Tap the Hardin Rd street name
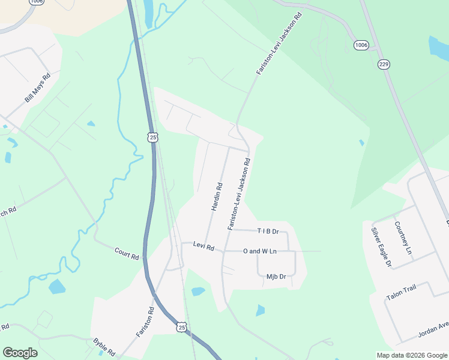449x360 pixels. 217,196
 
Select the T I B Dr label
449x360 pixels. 268,231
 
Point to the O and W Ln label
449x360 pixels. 259,251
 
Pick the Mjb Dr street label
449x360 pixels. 276,277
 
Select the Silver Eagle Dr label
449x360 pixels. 381,247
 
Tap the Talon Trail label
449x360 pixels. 401,289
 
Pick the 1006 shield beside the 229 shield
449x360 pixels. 361,46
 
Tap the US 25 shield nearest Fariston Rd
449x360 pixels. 182,327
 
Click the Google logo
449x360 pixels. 20,353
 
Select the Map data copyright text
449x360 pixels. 412,355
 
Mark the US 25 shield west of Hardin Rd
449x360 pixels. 152,137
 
